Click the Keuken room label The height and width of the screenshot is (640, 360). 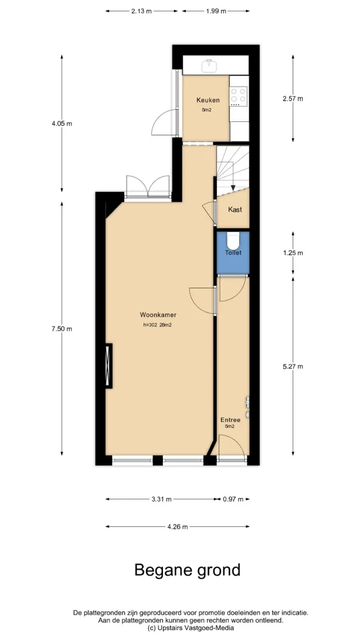coord(208,100)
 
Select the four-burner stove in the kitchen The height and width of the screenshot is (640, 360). coord(239,96)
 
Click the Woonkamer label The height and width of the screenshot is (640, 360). coord(158,315)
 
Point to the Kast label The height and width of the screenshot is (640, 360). coord(235,209)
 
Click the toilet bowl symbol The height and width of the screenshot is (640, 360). coord(233,241)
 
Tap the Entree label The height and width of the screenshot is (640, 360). coord(230,420)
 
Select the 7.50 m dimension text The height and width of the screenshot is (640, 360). coord(62,329)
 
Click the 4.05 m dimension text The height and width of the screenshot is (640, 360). coord(62,123)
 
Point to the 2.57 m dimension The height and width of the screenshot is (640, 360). coord(293,98)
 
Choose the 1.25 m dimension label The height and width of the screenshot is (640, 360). coord(293,253)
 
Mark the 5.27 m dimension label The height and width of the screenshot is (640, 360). coord(293,366)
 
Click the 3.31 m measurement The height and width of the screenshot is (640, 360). coord(161,499)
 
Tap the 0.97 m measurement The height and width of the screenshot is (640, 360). coord(233,499)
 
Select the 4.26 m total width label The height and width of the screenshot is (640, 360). coord(178,526)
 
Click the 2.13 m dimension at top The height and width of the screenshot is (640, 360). coord(141,11)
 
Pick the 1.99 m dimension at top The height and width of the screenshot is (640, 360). coord(216,11)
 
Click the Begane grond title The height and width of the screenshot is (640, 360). coord(188,570)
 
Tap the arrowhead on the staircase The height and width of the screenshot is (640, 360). coord(233,188)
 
